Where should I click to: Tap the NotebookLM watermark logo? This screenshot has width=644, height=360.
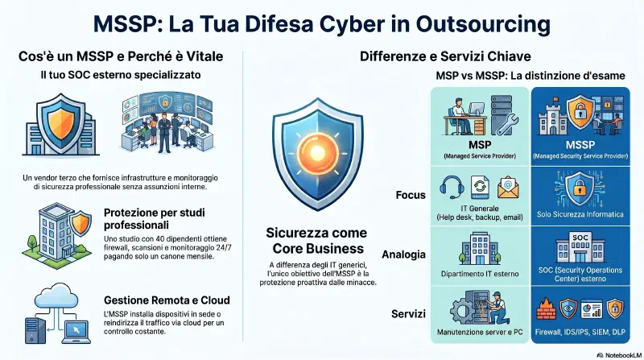pos(600,355)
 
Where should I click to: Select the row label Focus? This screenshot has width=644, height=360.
pos(411,195)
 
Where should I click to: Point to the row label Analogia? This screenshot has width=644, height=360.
pos(403,254)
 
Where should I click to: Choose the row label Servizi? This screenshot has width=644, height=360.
pos(408,314)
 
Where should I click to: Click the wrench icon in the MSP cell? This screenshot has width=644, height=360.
pos(508,124)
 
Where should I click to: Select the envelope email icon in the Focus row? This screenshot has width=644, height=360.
pos(508,188)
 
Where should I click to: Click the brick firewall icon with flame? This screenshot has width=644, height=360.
pos(547,309)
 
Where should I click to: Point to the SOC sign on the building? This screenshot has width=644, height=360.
pos(580,238)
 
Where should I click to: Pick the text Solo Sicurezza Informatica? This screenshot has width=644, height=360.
pos(580,214)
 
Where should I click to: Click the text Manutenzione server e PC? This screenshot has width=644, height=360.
pos(480,332)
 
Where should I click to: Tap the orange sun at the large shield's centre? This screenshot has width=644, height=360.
pos(317,151)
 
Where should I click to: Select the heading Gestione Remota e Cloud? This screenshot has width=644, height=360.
pos(167,300)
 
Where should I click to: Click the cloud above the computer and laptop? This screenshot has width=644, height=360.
pos(56,296)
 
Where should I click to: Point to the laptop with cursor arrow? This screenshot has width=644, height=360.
pos(76,332)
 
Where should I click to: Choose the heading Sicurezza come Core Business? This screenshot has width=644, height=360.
pos(316,241)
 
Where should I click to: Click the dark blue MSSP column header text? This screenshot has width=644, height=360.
pos(580,145)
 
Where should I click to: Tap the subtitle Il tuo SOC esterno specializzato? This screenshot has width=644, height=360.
pos(121,75)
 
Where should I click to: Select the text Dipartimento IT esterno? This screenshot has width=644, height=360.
pos(480,274)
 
